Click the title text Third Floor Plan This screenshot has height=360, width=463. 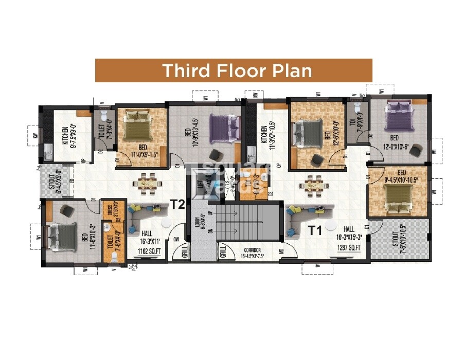point(237,70)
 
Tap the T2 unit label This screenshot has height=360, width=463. point(177,205)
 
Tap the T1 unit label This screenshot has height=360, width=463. point(315,230)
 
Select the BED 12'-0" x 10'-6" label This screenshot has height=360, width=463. point(394,141)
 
